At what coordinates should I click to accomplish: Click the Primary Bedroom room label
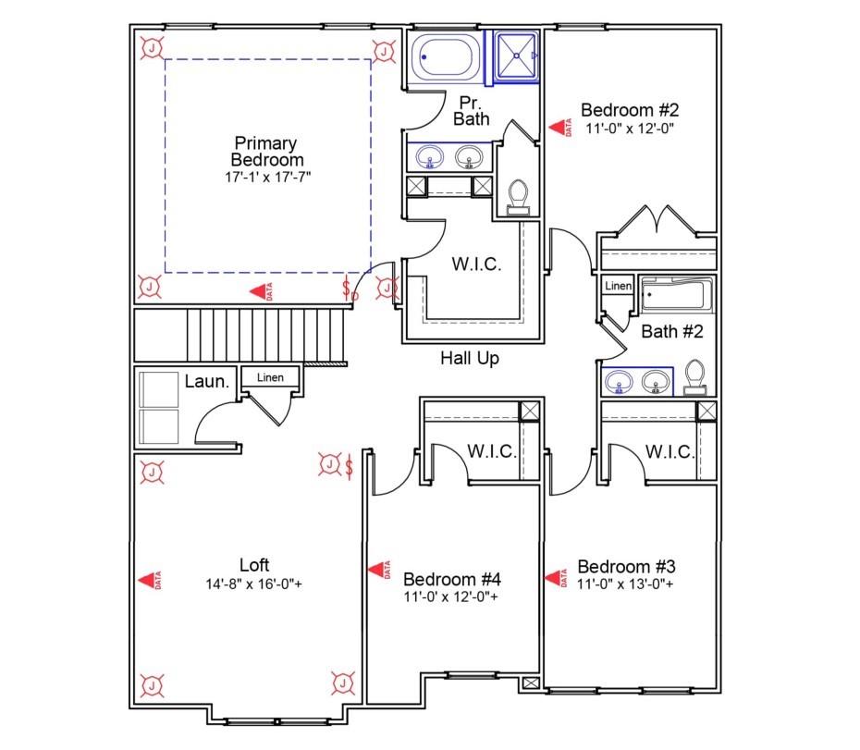pyautogui.click(x=265, y=152)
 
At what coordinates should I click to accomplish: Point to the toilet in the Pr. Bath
pyautogui.click(x=519, y=196)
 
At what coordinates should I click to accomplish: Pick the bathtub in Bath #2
pyautogui.click(x=677, y=296)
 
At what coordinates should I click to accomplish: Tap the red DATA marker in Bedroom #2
pyautogui.click(x=559, y=129)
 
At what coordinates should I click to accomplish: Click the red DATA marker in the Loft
pyautogui.click(x=148, y=579)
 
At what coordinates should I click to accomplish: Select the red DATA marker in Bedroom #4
pyautogui.click(x=378, y=573)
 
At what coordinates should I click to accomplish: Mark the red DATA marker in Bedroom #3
pyautogui.click(x=558, y=578)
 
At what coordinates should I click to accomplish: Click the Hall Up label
pyautogui.click(x=469, y=358)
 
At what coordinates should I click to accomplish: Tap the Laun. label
pyautogui.click(x=206, y=380)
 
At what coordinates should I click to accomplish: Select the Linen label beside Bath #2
pyautogui.click(x=618, y=287)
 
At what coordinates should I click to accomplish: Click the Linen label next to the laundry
pyautogui.click(x=270, y=377)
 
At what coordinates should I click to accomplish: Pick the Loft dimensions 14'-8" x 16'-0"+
pyautogui.click(x=254, y=584)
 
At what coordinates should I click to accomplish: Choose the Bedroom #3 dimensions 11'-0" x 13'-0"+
pyautogui.click(x=625, y=584)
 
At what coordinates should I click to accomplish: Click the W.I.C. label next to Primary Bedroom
pyautogui.click(x=476, y=264)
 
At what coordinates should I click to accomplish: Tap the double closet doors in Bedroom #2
pyautogui.click(x=657, y=222)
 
